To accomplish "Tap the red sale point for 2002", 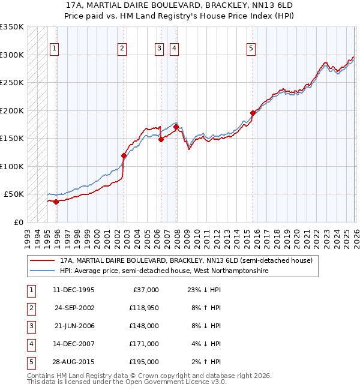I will pos(124,155).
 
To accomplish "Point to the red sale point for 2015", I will pos(253,113).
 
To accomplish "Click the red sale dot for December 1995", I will pos(56,202).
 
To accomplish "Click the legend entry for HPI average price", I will pos(164,271).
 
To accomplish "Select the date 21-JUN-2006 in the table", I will pos(74,326).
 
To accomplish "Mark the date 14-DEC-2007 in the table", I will pos(74,344).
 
